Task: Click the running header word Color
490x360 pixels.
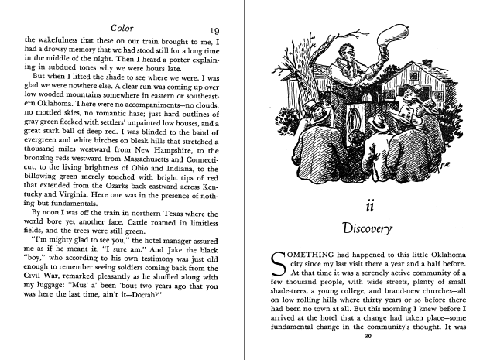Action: (x=124, y=27)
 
